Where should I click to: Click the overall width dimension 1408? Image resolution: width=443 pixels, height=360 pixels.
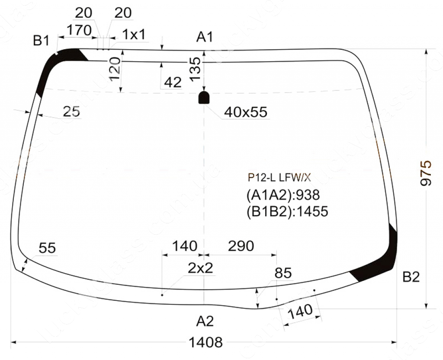coord(205,343)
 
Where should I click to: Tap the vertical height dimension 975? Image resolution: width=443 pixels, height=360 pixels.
coord(426,173)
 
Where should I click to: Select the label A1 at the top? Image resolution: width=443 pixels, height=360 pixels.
coord(205,37)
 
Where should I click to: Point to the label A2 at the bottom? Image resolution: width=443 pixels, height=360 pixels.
coord(205,321)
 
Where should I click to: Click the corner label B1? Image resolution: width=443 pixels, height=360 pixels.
coord(41,41)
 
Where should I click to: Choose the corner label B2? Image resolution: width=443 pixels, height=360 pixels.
coord(411,277)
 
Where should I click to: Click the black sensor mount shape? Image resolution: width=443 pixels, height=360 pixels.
coord(204,98)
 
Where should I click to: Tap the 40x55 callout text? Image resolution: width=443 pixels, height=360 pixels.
coord(246,112)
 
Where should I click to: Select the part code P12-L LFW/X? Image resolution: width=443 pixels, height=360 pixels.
coord(279,178)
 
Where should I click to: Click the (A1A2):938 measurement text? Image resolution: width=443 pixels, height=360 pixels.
coord(283,195)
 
